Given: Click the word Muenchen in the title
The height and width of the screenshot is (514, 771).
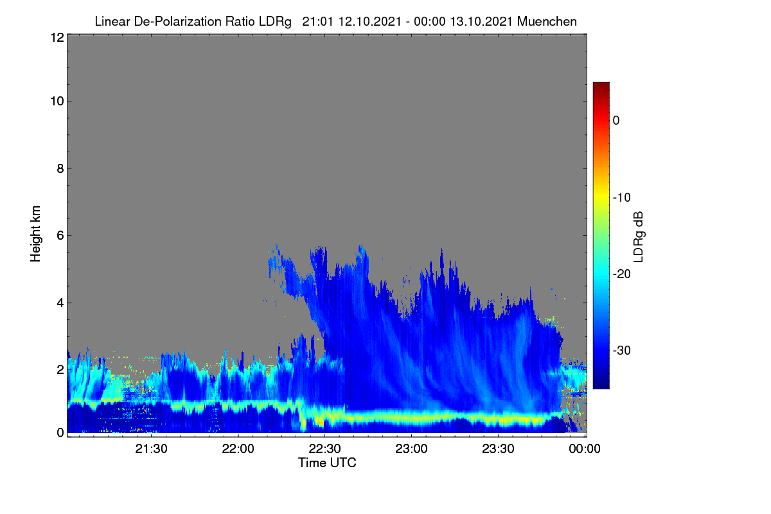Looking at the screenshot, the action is coord(547,21).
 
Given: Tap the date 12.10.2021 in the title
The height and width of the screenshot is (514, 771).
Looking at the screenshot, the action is coord(370,21).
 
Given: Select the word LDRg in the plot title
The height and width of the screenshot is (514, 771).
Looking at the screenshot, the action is coord(275,22).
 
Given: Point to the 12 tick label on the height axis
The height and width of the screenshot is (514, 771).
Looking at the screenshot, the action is coord(57,37).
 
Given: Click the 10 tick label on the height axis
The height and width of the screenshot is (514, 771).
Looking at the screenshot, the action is coord(57,102).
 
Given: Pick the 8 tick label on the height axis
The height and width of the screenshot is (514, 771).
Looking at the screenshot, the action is coord(60,168).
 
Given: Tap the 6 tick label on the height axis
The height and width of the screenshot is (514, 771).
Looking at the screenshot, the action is coord(60,236).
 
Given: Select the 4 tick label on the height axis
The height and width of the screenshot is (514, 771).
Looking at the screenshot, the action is coord(60,303).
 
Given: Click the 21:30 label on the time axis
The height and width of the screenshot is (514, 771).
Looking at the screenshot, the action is coord(151,448).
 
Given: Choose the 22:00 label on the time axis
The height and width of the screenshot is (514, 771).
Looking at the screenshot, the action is coord(238,448).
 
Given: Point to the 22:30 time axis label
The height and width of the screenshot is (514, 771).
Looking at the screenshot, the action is coord(324,448).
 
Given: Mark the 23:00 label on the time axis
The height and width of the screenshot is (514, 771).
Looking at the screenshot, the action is coord(411,448).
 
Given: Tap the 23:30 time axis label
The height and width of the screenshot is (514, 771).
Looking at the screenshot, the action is coord(498,448).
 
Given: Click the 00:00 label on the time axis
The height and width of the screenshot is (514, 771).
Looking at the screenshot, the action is coord(585,448).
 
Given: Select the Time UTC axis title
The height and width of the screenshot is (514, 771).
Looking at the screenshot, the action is coord(327,463).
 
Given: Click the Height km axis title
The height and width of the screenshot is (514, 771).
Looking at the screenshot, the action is coord(35,234).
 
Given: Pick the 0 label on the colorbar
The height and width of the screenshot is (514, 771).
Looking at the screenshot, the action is coord(616,121).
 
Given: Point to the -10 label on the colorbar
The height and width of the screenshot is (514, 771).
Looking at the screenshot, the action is coord(622,198).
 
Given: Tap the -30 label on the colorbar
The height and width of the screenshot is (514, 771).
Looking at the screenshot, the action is coord(622,350).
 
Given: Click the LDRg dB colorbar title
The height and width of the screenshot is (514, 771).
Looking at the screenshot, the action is coord(639,237).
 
